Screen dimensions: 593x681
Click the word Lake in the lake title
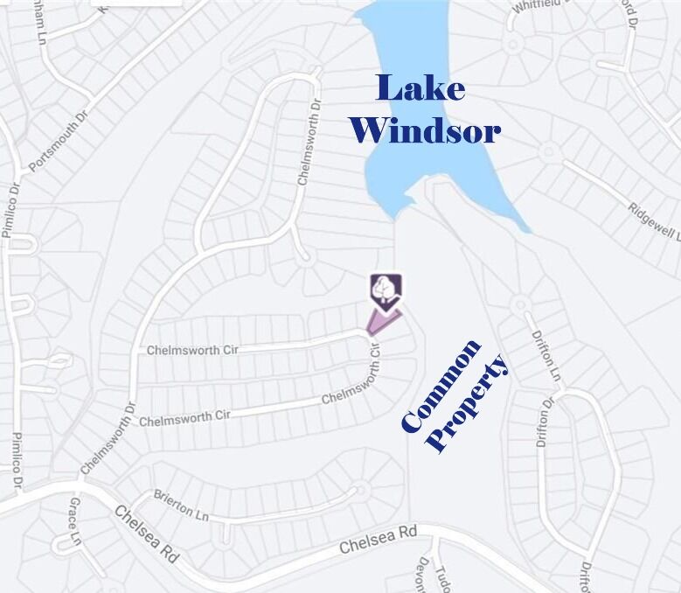click(420, 88)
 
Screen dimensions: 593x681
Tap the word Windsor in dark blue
click(425, 130)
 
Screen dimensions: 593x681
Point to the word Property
click(468, 403)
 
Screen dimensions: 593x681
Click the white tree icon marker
click(385, 290)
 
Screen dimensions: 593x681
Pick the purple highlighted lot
click(381, 322)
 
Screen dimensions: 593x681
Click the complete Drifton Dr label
click(545, 424)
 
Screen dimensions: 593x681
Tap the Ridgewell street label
click(653, 221)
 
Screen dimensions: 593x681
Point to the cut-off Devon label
click(423, 574)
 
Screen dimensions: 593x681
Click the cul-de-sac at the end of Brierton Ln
click(358, 490)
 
